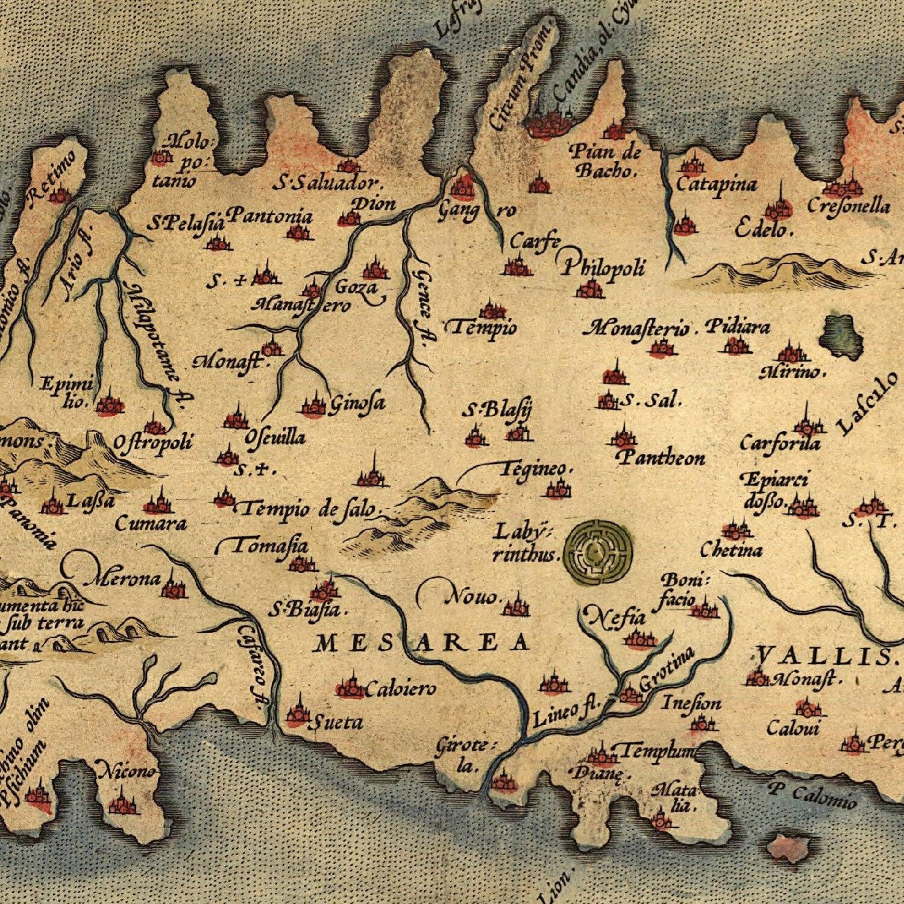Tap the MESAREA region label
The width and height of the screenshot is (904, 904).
click(x=422, y=643)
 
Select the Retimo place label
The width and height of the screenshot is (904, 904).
click(x=51, y=175)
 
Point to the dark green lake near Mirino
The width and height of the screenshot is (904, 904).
click(x=841, y=338)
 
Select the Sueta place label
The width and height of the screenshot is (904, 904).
click(x=335, y=722)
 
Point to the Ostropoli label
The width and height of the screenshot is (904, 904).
click(x=154, y=444)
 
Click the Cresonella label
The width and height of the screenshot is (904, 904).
click(x=849, y=206)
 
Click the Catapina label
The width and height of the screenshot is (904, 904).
click(x=717, y=183)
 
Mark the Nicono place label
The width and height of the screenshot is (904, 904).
click(x=127, y=771)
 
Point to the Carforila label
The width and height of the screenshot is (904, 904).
click(x=780, y=444)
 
